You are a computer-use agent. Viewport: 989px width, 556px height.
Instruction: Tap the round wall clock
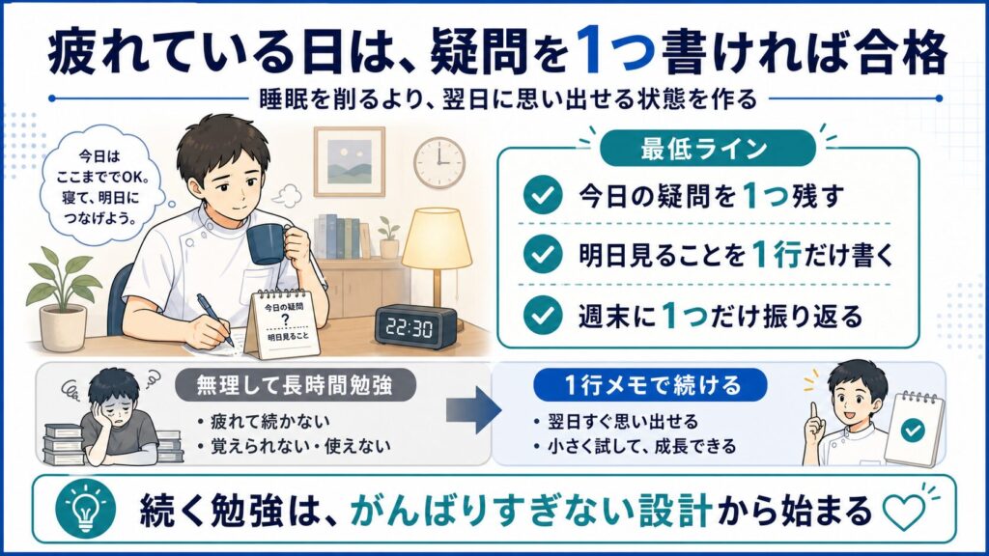pos(439,162)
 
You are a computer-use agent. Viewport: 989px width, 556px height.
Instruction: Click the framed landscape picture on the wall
pos(350,161)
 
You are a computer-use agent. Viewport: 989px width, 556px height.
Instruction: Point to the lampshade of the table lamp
pos(437,237)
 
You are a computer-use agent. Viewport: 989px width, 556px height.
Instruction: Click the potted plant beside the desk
pos(62,296)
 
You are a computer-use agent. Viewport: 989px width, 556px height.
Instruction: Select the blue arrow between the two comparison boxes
pos(473,410)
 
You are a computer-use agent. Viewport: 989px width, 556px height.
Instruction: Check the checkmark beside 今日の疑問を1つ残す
pos(543,195)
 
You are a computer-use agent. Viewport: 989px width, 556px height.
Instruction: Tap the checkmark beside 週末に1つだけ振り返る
pos(543,315)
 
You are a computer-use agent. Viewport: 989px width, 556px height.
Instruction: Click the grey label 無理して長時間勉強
pos(295,384)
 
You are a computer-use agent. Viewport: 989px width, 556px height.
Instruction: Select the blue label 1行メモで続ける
pos(650,384)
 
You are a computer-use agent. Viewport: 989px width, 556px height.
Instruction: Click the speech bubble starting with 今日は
pos(99,186)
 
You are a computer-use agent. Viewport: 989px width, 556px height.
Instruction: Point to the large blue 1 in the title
pos(590,50)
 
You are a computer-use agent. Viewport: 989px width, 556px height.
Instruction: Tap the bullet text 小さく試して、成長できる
pos(641,446)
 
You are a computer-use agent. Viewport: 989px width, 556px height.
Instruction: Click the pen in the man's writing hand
pos(215,320)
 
